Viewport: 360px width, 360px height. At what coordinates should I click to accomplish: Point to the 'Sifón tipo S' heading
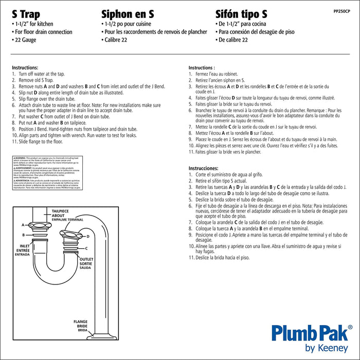click(x=241, y=14)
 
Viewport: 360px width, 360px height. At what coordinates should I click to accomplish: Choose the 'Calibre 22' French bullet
click(x=118, y=40)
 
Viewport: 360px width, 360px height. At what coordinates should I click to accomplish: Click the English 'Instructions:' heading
click(x=25, y=68)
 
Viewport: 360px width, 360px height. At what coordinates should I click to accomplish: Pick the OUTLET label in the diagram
click(x=85, y=259)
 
